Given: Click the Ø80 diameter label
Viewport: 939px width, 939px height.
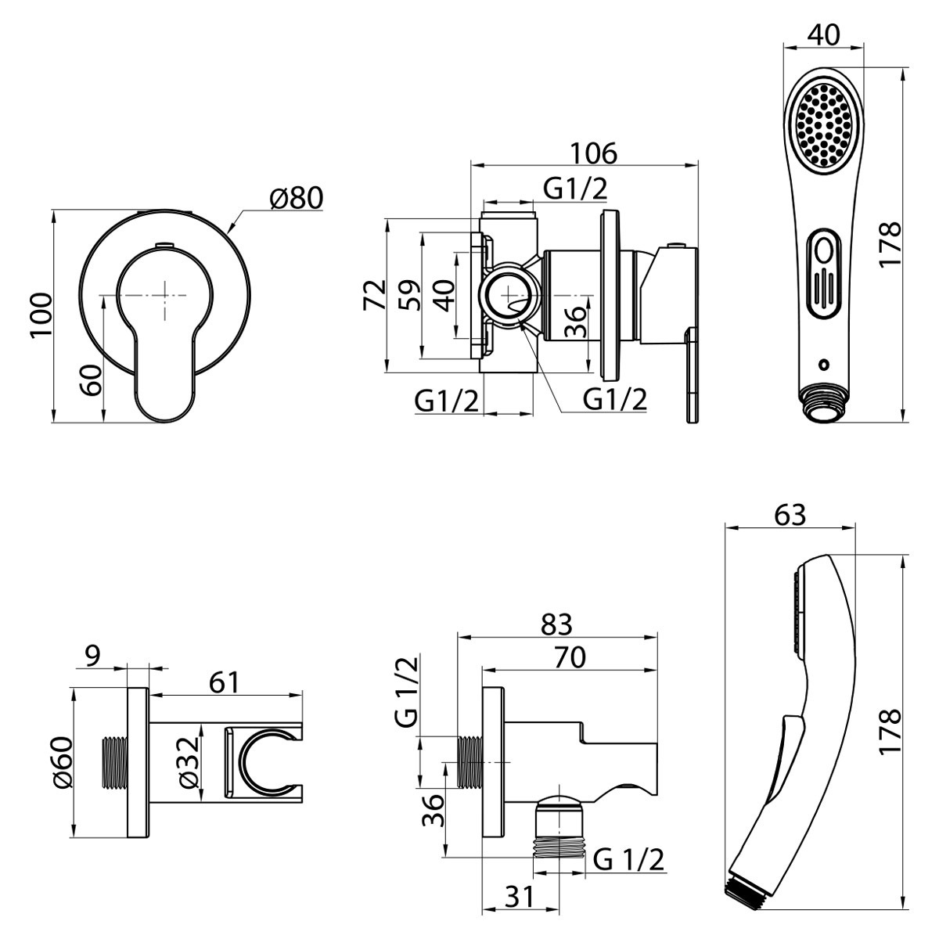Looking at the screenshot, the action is click(296, 198).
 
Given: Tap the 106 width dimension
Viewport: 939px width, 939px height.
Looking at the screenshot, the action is click(593, 153).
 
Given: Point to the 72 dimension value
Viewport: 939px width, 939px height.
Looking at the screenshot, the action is click(374, 295).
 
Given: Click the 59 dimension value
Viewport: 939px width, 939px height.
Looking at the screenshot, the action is click(408, 295).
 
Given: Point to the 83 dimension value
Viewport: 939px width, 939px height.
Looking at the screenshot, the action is click(556, 624).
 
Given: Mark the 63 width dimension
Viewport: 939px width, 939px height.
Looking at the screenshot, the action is click(790, 515).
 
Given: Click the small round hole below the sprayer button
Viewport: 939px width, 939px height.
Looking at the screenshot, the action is click(823, 364).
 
